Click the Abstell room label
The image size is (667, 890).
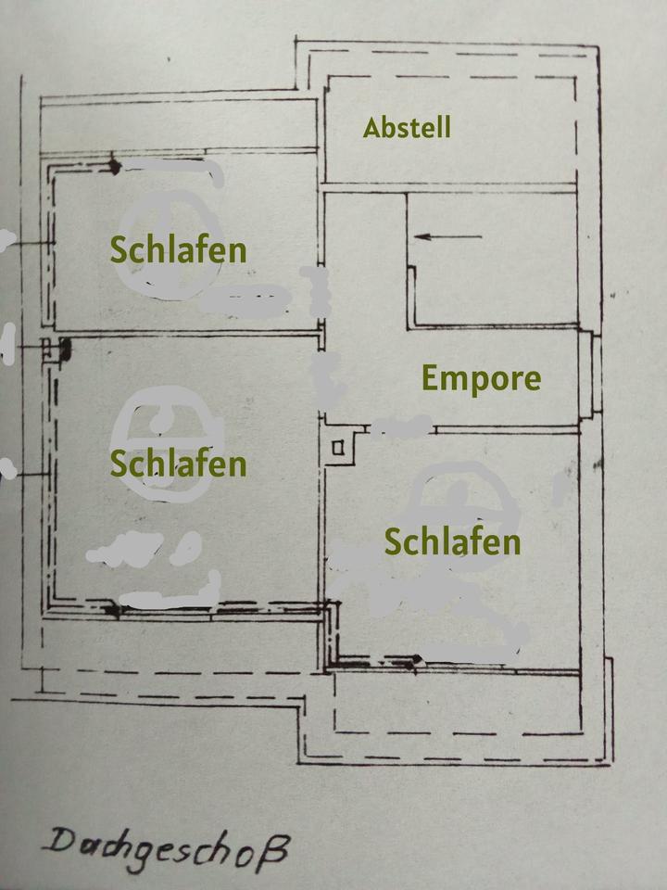[x=407, y=127]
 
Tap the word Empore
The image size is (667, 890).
[x=481, y=378]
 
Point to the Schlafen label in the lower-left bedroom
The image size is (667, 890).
[x=178, y=464]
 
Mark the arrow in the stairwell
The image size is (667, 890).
[x=448, y=236]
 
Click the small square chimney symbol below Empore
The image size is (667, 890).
[x=338, y=449]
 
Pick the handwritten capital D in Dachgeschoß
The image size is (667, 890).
[x=59, y=843]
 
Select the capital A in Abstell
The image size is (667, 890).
[x=372, y=128]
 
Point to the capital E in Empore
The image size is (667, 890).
[x=431, y=378]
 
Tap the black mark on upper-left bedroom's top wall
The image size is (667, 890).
[x=114, y=166]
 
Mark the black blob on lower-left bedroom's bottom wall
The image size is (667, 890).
[x=112, y=610]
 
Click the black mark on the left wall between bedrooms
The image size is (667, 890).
[x=64, y=350]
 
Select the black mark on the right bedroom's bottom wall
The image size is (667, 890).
[x=417, y=659]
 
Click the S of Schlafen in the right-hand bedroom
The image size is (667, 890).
[x=393, y=541]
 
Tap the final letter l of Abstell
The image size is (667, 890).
[x=448, y=127]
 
